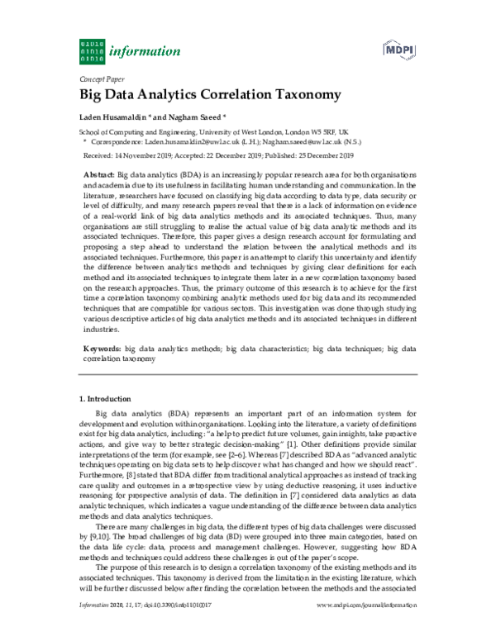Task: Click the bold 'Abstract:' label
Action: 100,177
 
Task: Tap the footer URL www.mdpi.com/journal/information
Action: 367,629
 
